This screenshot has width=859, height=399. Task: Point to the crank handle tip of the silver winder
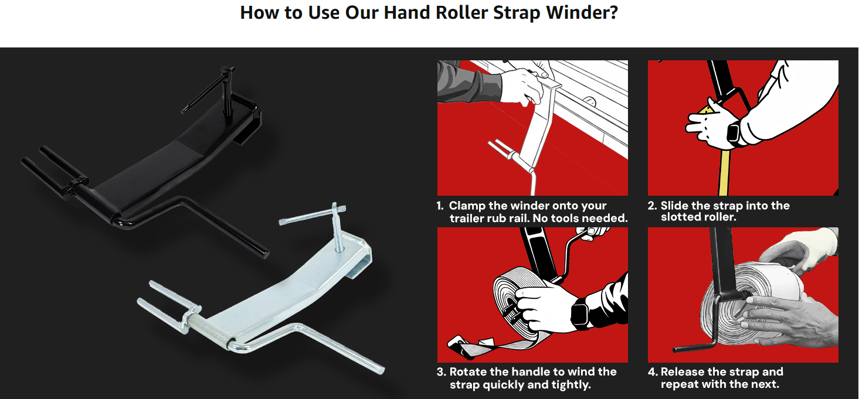pyautogui.click(x=381, y=370)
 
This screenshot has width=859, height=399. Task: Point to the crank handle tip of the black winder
pyautogui.click(x=264, y=253)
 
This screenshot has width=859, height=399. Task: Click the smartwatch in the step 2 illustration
pyautogui.click(x=734, y=133)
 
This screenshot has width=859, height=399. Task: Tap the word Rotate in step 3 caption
pyautogui.click(x=470, y=372)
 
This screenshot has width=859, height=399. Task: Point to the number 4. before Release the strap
pyautogui.click(x=653, y=372)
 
